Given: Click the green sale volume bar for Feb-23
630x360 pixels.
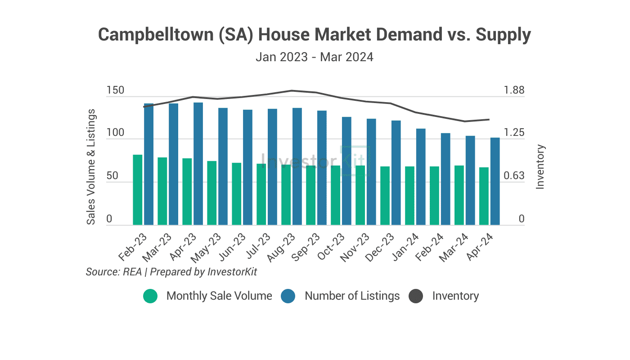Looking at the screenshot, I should click(x=138, y=190).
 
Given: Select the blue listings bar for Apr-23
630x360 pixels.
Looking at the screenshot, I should click(x=198, y=164).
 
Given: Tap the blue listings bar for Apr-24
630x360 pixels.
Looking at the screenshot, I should click(x=495, y=181).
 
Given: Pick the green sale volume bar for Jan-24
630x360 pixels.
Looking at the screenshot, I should click(x=409, y=196).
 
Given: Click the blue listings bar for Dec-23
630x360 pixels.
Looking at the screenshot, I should click(x=396, y=173).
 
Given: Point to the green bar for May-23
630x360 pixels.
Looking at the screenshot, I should click(x=212, y=193).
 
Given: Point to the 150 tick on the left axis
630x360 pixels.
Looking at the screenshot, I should click(x=115, y=90).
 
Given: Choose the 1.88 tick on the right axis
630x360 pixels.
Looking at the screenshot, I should click(x=514, y=90).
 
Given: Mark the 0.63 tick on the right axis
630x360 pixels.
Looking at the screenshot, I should click(x=514, y=176).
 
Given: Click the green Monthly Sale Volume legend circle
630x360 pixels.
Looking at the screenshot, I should click(x=150, y=296).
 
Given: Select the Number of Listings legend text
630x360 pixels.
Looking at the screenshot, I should click(x=352, y=296).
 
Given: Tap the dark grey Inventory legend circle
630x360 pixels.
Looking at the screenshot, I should click(x=416, y=296).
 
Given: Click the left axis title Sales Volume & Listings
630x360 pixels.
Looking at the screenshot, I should click(x=91, y=166).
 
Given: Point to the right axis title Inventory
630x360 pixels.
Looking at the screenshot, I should click(x=540, y=166).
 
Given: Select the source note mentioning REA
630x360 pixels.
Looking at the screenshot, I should click(x=171, y=272).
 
